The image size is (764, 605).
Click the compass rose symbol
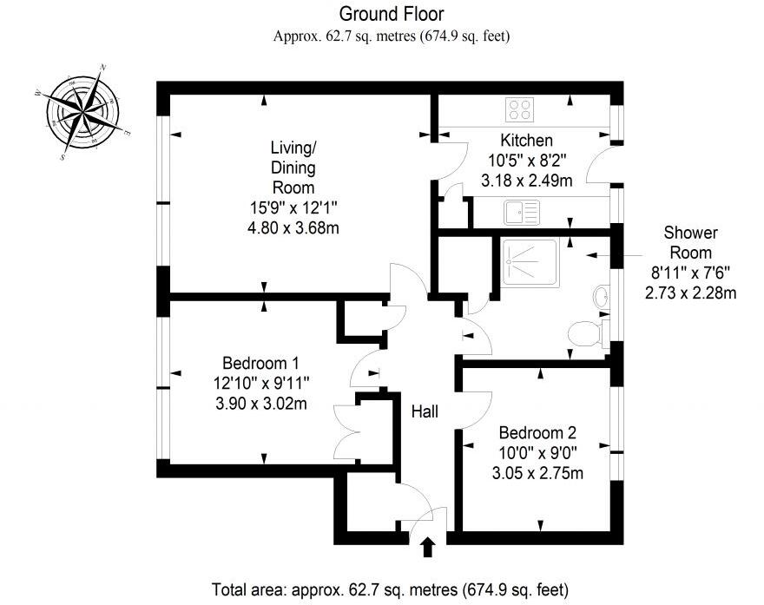83,113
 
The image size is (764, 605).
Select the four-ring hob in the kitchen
520,109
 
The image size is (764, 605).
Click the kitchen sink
521,211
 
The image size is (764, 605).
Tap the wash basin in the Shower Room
601,298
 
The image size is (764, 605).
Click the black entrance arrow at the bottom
426,548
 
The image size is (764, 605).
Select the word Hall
425,412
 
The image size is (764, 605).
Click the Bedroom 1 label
260,362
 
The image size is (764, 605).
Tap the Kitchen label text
526,141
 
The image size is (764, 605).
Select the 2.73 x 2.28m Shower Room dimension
690,293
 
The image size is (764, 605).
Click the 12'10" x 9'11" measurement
260,383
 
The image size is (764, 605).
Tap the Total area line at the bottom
391,588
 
